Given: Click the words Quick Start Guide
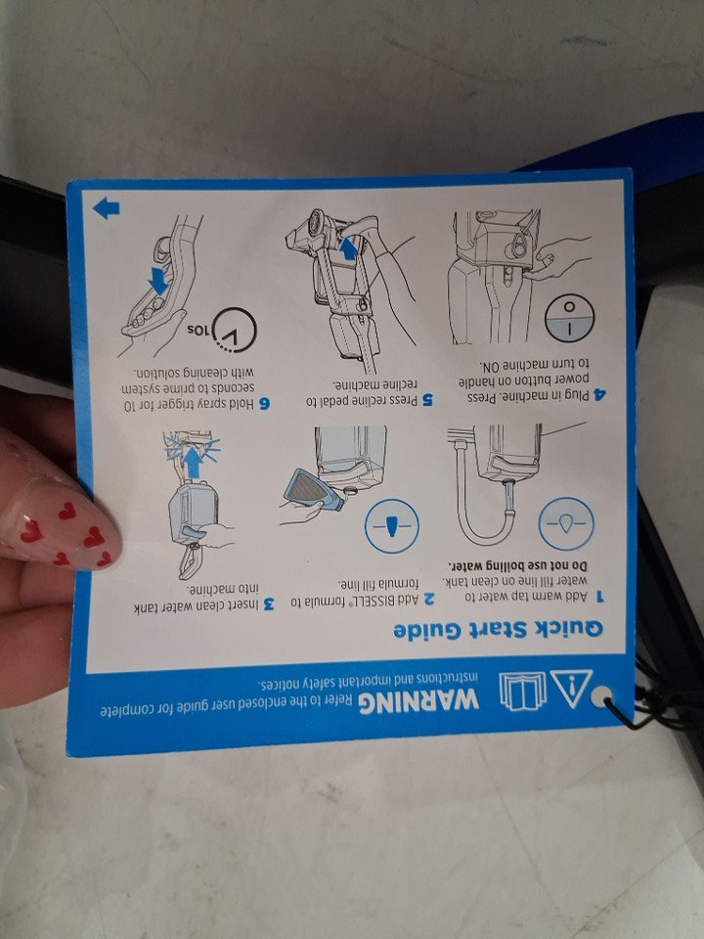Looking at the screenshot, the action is coord(498,630).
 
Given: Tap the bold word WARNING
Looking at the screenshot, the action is coord(419,698).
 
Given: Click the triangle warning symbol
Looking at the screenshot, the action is coord(571,688).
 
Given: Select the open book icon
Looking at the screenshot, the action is coord(523,691).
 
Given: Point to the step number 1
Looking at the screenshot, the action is coord(599,597).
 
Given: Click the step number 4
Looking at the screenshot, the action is coord(599,394).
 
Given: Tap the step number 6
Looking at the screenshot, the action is coord(264,404).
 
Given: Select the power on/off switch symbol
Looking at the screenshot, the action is coord(569,318).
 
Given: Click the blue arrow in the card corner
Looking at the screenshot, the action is coord(107,208).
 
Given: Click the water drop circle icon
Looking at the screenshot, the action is coord(566,524).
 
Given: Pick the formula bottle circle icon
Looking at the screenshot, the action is coord(392,526).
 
